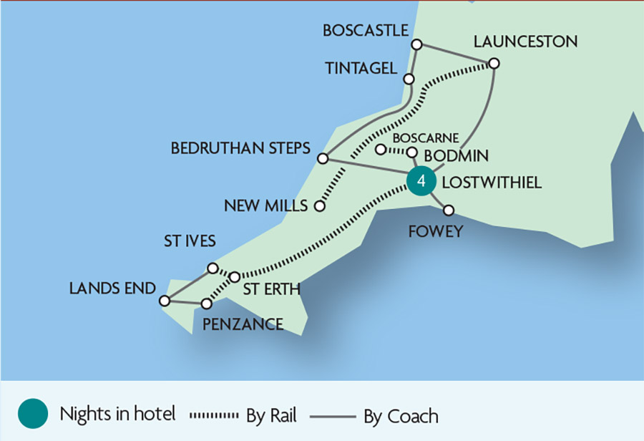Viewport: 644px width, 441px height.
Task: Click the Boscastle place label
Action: pyautogui.click(x=365, y=31)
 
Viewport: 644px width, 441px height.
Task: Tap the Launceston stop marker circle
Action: pyautogui.click(x=494, y=64)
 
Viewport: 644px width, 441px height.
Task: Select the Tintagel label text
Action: pyautogui.click(x=361, y=69)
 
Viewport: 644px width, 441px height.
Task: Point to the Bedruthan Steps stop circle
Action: pyautogui.click(x=323, y=157)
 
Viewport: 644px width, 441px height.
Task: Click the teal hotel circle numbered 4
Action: pyautogui.click(x=421, y=182)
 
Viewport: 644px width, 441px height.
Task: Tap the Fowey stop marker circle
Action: pyautogui.click(x=449, y=210)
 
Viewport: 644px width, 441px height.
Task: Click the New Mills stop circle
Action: pyautogui.click(x=320, y=206)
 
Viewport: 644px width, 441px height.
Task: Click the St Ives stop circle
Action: pyautogui.click(x=212, y=268)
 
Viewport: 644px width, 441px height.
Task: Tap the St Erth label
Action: pyautogui.click(x=271, y=289)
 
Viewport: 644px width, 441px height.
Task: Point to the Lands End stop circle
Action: pyautogui.click(x=165, y=301)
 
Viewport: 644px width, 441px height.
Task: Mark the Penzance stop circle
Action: pyautogui.click(x=207, y=304)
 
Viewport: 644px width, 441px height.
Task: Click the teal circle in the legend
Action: pyautogui.click(x=32, y=415)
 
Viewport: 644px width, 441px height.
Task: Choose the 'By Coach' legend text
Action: pyautogui.click(x=402, y=415)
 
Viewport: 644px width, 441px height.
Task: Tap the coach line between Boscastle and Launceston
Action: pyautogui.click(x=456, y=54)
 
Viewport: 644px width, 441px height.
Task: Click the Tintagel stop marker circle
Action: pyautogui.click(x=409, y=79)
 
